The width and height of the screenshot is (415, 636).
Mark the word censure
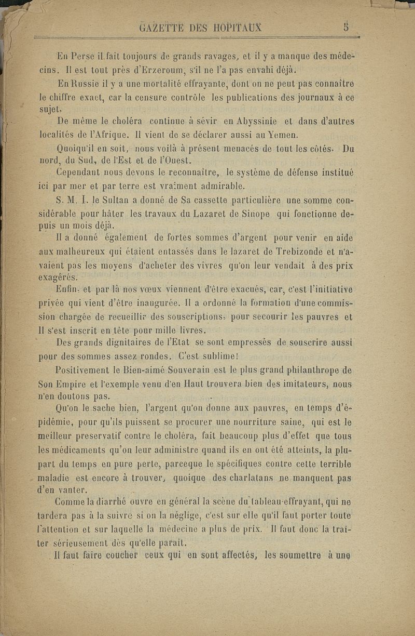[x=155, y=96]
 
